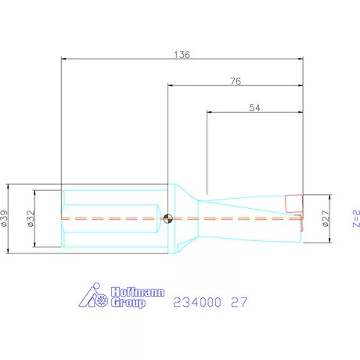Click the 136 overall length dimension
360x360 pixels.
click(182, 55)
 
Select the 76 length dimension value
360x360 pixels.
click(236, 81)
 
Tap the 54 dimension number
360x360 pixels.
click(254, 108)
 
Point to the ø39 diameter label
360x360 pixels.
click(5, 218)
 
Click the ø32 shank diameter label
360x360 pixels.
click(31, 218)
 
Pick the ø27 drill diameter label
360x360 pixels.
click(326, 218)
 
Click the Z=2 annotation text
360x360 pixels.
click(356, 218)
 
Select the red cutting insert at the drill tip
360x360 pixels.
click(294, 203)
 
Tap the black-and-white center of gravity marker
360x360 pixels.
click(167, 218)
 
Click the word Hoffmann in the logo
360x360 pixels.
click(138, 292)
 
